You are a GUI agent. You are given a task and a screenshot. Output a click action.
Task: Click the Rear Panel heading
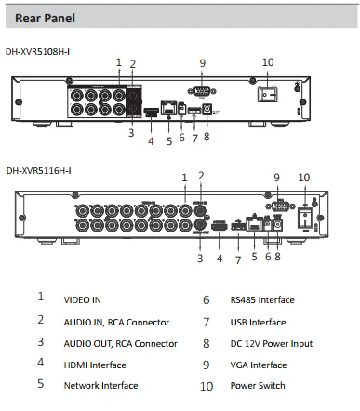(45, 18)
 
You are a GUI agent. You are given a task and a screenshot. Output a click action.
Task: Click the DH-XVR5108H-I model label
(37, 52)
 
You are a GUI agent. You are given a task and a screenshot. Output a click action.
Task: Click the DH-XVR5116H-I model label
(38, 170)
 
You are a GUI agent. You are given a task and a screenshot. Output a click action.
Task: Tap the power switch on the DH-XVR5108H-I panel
(267, 94)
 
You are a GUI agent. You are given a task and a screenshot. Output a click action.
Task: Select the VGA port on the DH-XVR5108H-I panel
(202, 91)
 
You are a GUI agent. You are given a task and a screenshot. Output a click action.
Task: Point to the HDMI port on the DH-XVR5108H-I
(151, 112)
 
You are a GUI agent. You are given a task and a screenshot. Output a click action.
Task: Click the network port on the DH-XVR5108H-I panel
(168, 108)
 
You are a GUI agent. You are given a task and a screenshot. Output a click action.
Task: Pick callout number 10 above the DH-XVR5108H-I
(268, 62)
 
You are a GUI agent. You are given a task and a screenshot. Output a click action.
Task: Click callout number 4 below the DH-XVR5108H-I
(151, 141)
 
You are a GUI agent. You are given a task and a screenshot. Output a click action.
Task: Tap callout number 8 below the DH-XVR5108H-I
(207, 137)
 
